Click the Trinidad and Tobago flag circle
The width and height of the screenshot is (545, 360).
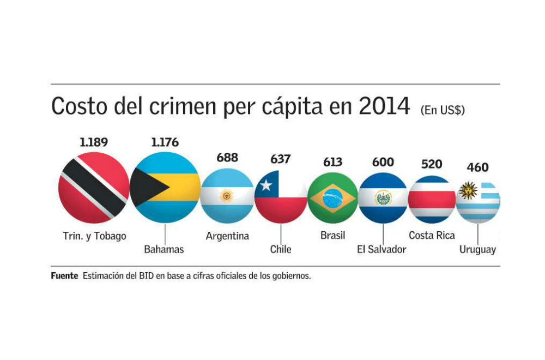(x=94, y=188)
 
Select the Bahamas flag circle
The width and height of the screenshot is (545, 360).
(x=165, y=188)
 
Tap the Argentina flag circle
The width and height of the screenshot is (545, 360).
(x=227, y=195)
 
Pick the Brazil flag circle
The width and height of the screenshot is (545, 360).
(x=332, y=197)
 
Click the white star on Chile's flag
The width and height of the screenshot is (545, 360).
(x=265, y=185)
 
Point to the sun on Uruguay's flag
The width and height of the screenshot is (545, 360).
(x=468, y=190)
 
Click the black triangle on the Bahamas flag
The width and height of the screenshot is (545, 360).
(x=147, y=188)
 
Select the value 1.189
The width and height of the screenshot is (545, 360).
(x=94, y=142)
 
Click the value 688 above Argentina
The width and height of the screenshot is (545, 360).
(x=227, y=158)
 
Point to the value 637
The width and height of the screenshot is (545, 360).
(x=280, y=160)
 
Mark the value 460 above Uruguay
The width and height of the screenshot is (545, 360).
(x=477, y=167)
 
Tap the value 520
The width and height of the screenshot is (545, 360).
(x=432, y=164)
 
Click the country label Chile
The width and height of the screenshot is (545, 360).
(x=281, y=249)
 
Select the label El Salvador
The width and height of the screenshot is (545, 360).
(x=381, y=249)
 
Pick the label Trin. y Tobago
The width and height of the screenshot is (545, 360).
(x=94, y=236)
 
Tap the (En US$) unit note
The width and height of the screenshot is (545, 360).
(x=442, y=110)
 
